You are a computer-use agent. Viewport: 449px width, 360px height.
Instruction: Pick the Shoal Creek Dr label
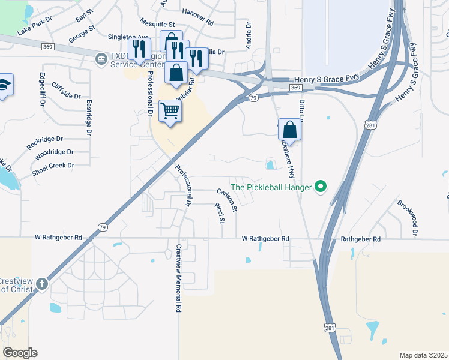coord(53,166)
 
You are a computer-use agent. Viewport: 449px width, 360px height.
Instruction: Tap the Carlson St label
coord(228,200)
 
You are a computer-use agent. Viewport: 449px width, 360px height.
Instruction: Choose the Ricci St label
coord(218,212)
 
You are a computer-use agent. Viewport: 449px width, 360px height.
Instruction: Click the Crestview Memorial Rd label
coord(178,278)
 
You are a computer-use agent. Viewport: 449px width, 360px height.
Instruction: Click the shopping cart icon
coord(170,110)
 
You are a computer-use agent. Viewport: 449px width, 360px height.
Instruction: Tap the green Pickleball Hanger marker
coord(321,187)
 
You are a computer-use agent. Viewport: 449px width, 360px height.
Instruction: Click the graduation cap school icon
coord(5,84)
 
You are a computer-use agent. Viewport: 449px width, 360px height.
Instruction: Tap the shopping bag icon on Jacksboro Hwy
coord(290,129)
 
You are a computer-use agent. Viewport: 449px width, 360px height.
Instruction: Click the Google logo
coord(20,353)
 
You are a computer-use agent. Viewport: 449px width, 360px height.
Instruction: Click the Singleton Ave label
coord(128,37)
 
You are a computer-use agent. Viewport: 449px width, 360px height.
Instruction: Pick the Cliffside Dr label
coord(66,91)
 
